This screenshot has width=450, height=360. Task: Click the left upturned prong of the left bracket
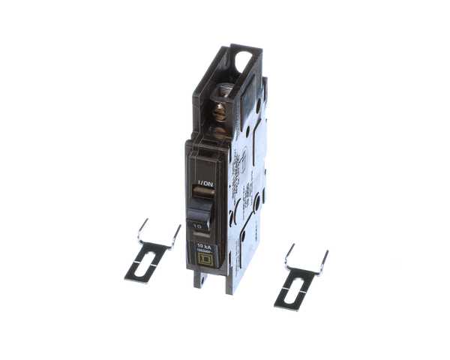coord(140,229)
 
